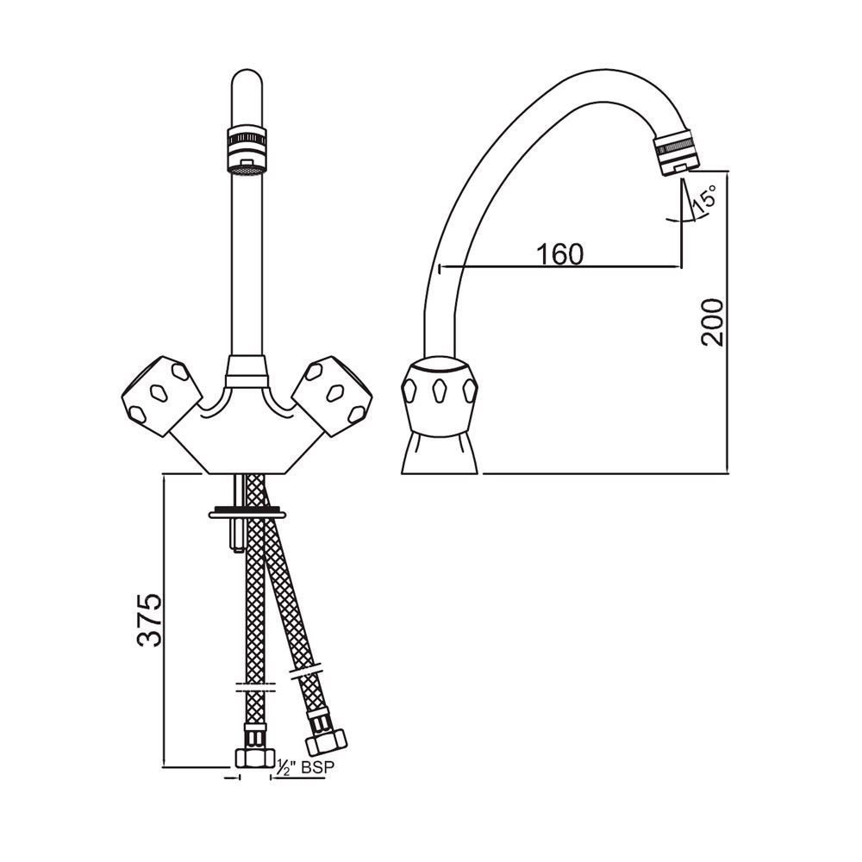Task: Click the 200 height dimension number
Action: coord(712,322)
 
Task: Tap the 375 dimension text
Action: coord(149,619)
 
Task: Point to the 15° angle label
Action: coord(704,200)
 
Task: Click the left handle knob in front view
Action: coord(159,393)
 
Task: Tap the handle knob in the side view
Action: coord(440,392)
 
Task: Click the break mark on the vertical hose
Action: coord(254,689)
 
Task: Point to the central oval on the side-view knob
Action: coord(440,389)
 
